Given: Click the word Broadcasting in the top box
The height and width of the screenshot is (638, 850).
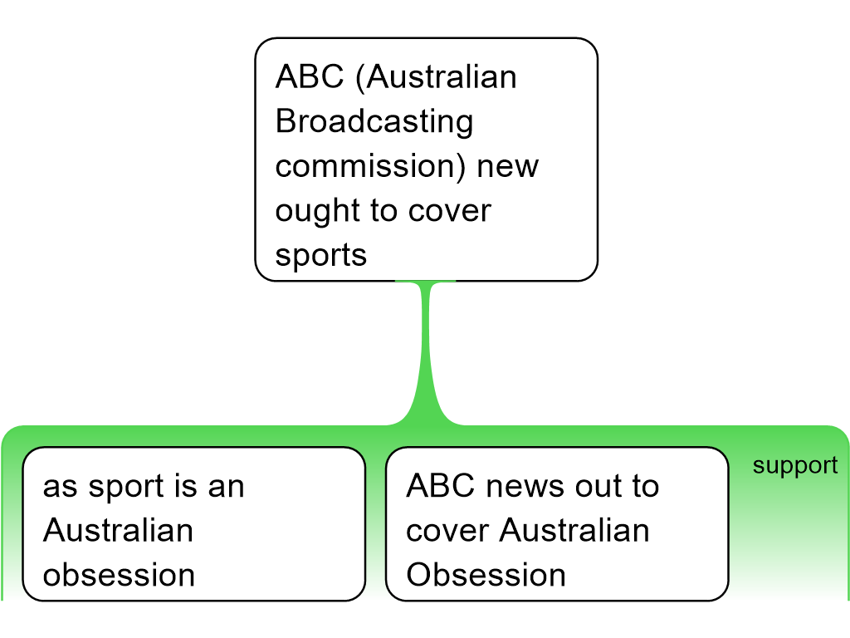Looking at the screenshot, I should click(x=374, y=122).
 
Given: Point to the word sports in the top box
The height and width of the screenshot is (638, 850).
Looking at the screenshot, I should click(x=321, y=255).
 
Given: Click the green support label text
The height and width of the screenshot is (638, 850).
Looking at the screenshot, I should click(x=795, y=466).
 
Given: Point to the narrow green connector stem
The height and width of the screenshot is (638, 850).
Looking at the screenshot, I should click(x=428, y=349).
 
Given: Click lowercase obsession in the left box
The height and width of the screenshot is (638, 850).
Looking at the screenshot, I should click(x=119, y=575).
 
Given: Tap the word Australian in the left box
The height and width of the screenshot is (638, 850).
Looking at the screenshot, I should click(x=118, y=530).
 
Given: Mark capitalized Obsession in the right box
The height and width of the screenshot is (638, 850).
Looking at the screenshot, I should click(x=486, y=575).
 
